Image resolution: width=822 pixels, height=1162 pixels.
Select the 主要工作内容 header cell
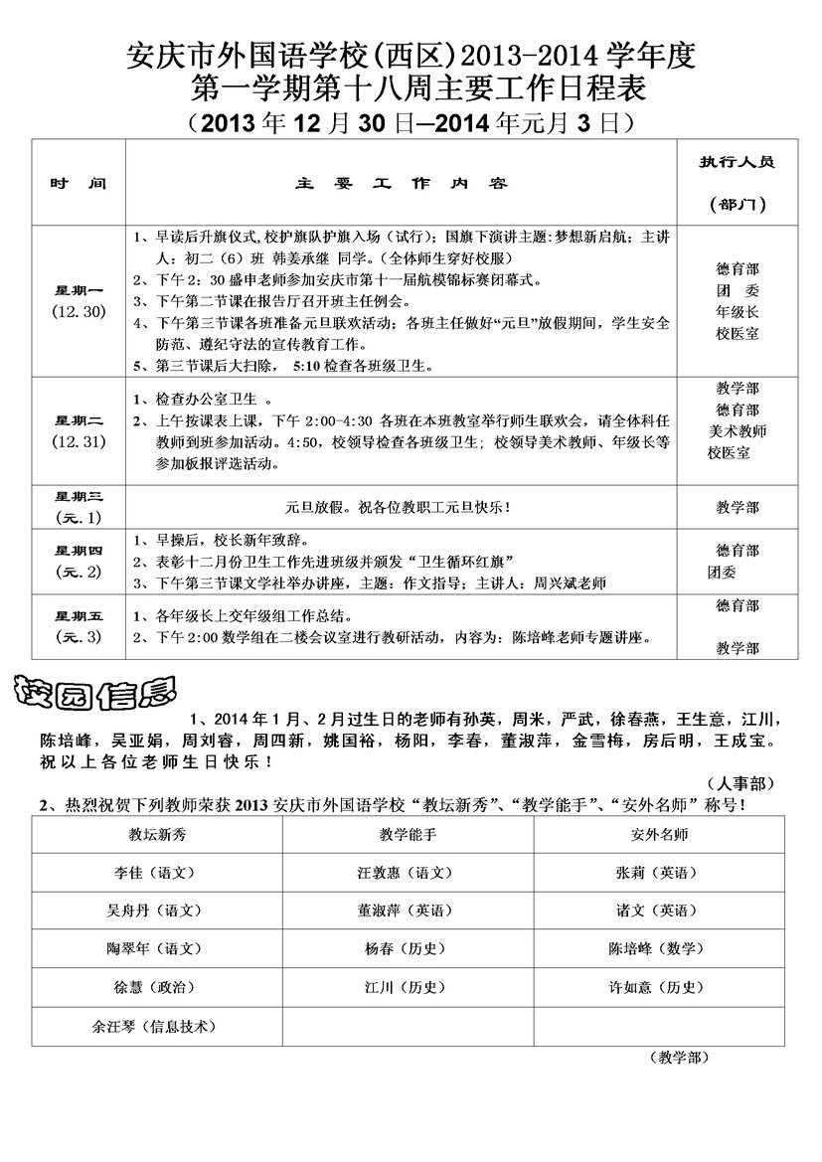tap(403, 184)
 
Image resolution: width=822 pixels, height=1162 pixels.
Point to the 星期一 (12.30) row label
tap(78, 300)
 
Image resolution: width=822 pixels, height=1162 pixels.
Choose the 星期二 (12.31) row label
tap(78, 430)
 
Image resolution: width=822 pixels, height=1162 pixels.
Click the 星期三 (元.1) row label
tap(78, 506)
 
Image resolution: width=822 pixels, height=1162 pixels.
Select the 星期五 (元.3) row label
tap(78, 626)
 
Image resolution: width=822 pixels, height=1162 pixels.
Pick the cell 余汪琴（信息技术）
tap(155, 1025)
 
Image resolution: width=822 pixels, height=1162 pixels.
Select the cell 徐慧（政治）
tap(155, 986)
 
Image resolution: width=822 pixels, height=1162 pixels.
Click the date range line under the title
tap(410, 123)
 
